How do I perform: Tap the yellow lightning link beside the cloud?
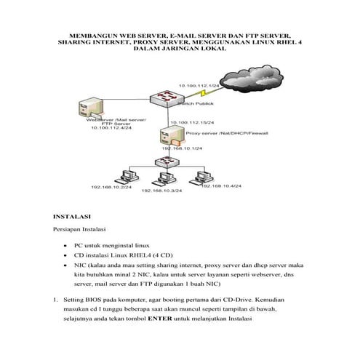pyautogui.click(x=206, y=93)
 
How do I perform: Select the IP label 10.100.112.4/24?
pyautogui.click(x=113, y=127)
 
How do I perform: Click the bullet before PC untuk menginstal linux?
pyautogui.click(x=67, y=247)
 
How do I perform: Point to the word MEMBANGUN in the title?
pyautogui.click(x=92, y=34)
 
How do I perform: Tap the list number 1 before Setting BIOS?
pyautogui.click(x=55, y=298)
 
